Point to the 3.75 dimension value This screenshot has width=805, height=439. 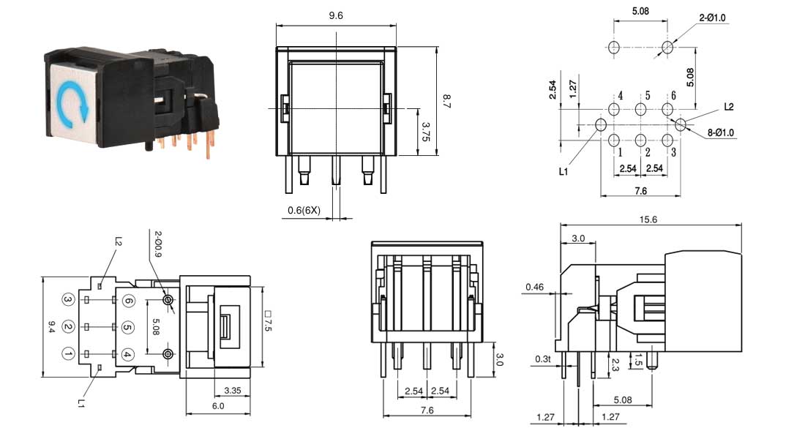pos(425,132)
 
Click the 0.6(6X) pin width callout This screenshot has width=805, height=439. pos(304,210)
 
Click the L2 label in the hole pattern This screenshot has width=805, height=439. pos(729,107)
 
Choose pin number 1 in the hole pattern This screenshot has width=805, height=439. pos(619,152)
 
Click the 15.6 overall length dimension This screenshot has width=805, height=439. pos(648,219)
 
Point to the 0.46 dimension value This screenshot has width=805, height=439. pos(534,287)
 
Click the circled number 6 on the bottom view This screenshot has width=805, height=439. pos(128,301)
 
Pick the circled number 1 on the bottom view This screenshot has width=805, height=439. pos(68,354)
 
